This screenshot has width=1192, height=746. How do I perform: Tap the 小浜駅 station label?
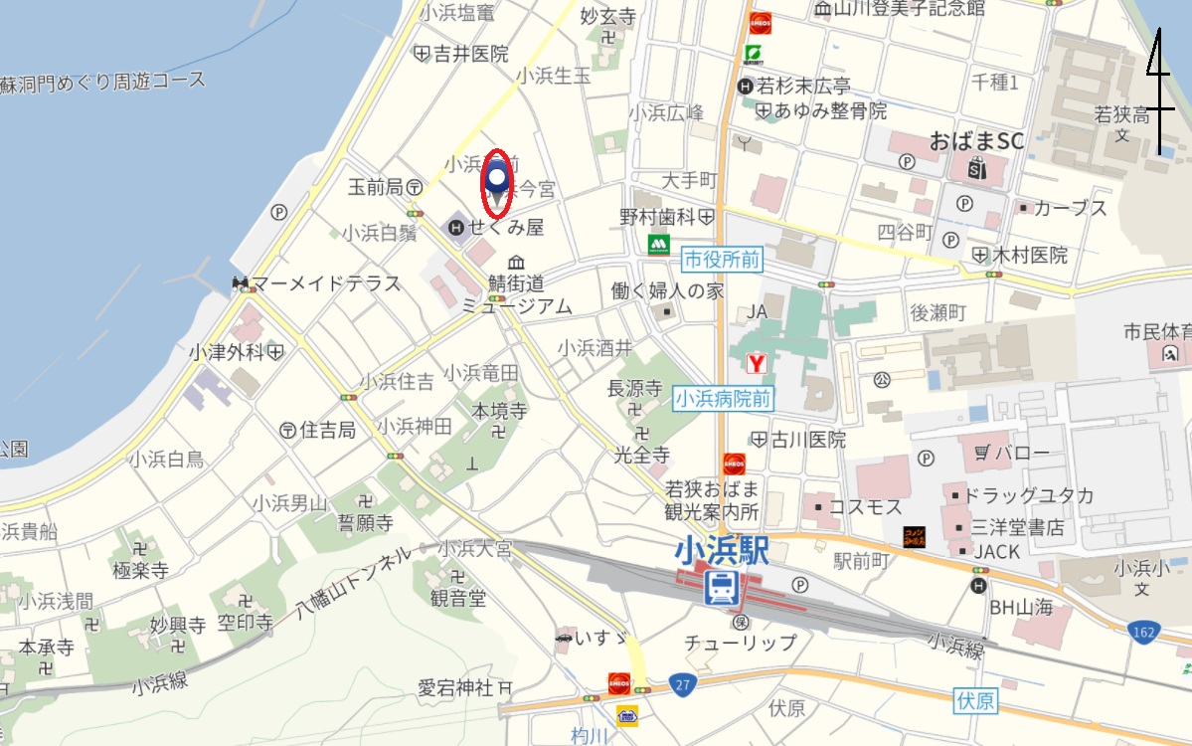pos(722,550)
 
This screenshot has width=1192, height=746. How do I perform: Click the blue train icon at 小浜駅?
pos(721,587)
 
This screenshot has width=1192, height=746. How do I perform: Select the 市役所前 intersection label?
pos(722,261)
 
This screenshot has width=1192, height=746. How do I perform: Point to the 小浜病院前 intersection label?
pos(723,399)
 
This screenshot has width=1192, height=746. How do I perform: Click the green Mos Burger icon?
pos(657,244)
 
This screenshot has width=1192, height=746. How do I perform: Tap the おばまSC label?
pos(976,141)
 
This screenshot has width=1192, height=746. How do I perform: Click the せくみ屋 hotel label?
pos(506,228)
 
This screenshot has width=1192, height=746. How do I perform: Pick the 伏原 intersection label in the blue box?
pos(975,700)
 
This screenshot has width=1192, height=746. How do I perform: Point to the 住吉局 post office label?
pos(327,430)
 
